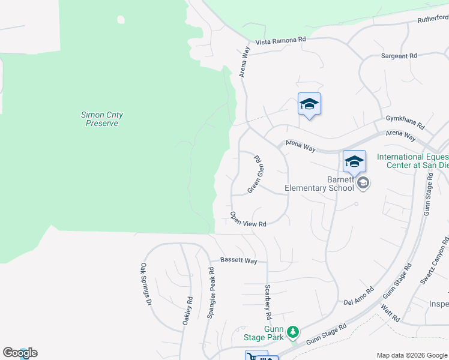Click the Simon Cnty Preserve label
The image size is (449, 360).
[101, 119]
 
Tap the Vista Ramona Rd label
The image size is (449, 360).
[281, 40]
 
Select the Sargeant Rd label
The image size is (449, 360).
[399, 56]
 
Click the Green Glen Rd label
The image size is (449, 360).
[256, 175]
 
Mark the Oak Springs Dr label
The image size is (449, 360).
[144, 284]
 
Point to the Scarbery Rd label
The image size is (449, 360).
[268, 301]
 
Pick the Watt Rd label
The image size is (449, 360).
[390, 313]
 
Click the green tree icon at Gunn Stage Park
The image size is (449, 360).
[293, 331]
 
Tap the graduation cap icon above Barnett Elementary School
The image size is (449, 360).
[354, 161]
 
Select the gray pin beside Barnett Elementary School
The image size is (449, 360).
[363, 182]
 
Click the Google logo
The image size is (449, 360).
[20, 353]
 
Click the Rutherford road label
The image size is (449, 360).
[433, 19]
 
